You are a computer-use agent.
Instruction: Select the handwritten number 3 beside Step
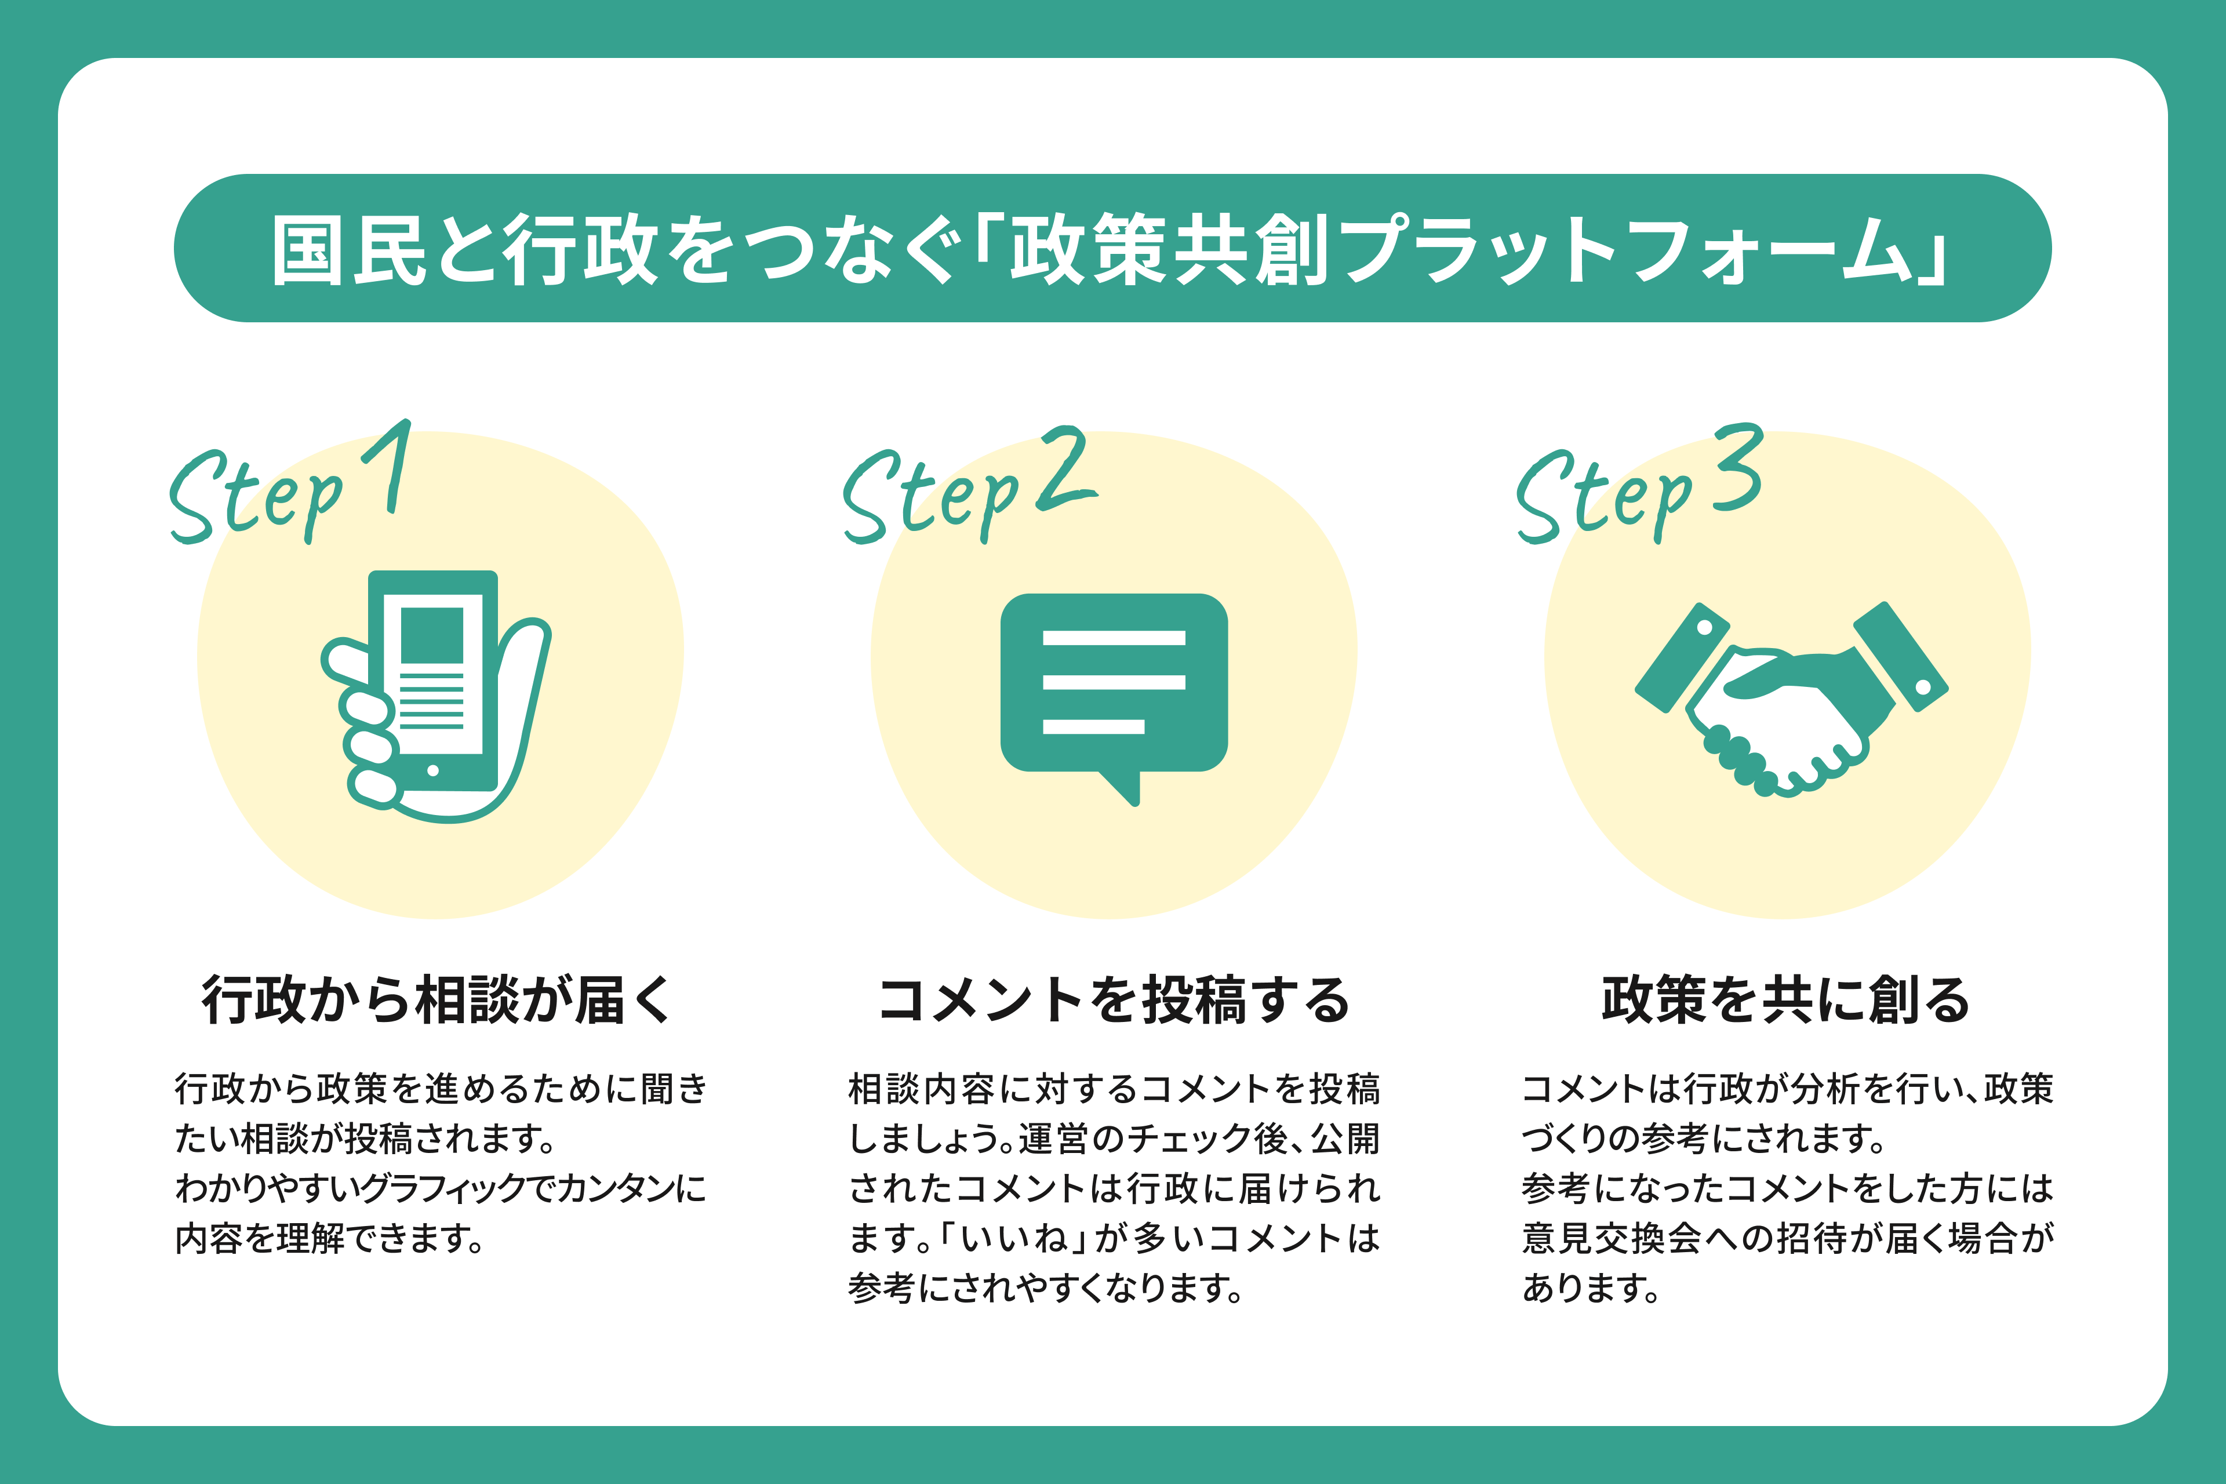coord(1740,468)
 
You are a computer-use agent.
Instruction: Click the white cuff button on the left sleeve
coord(1705,627)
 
